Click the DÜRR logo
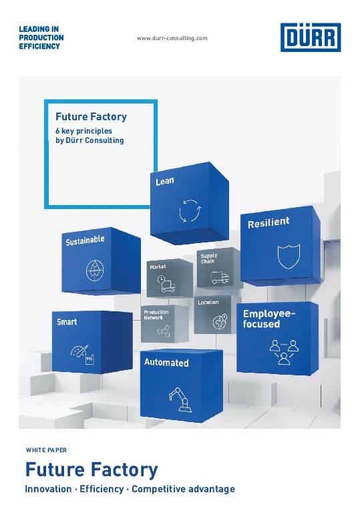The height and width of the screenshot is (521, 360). tap(311, 37)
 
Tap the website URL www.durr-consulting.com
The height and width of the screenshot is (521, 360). tap(172, 38)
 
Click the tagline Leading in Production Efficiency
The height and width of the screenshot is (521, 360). tap(41, 37)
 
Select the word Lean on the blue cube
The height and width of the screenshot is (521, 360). tap(165, 181)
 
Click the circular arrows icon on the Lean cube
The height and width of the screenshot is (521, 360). tap(190, 210)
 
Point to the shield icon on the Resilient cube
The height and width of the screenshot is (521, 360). tap(289, 256)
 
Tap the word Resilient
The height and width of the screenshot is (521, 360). tap(268, 222)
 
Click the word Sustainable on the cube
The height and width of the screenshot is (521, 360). tap(85, 240)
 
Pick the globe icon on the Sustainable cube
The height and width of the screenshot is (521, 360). tap(95, 270)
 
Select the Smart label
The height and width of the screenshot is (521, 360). tap(67, 322)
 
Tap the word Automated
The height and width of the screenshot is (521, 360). tap(166, 363)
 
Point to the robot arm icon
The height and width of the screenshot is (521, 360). tap(180, 399)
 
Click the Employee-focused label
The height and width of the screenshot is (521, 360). tap(268, 319)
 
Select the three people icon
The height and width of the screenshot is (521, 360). tap(284, 352)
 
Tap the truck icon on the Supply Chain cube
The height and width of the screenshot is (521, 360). tap(220, 277)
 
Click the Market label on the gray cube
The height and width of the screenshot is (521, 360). tap(158, 267)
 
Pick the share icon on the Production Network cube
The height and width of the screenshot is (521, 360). tap(164, 331)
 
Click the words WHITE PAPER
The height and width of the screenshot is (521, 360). tap(46, 450)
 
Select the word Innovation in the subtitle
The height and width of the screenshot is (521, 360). tap(48, 489)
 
